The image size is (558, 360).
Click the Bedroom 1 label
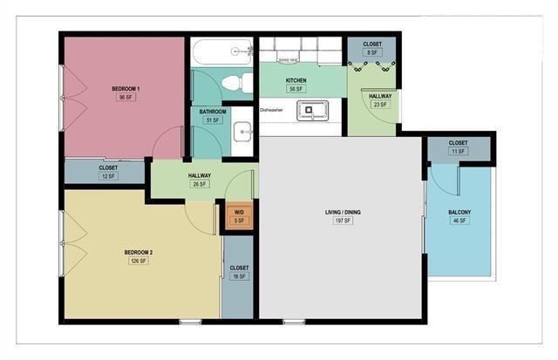coord(126,89)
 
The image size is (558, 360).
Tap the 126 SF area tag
coord(138,261)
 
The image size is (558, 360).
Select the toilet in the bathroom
coord(233,84)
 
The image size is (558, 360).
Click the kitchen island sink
coord(310,111)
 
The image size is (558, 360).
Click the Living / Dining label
coord(342,213)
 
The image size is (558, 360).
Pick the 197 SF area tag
coord(342,221)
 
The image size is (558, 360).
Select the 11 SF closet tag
coord(458,152)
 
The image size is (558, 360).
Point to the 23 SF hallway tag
coord(379,105)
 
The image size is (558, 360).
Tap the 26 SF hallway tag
coord(200,184)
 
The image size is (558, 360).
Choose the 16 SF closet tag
coord(238,276)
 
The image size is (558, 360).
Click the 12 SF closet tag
coord(108,176)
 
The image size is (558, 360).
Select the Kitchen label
coord(296,80)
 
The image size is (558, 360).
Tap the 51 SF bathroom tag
coord(212,120)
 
